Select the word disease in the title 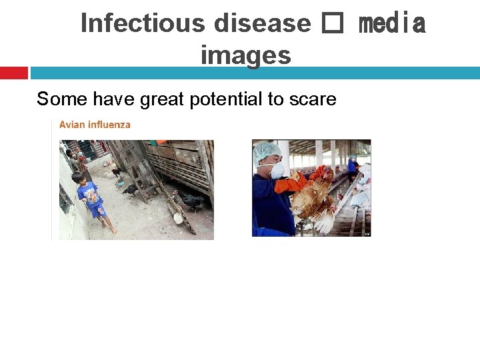coord(262,23)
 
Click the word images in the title coord(245,55)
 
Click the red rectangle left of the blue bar coord(13,72)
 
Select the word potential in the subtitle coord(227,99)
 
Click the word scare coord(313,99)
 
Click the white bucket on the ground coord(177,217)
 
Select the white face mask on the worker coord(277,170)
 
